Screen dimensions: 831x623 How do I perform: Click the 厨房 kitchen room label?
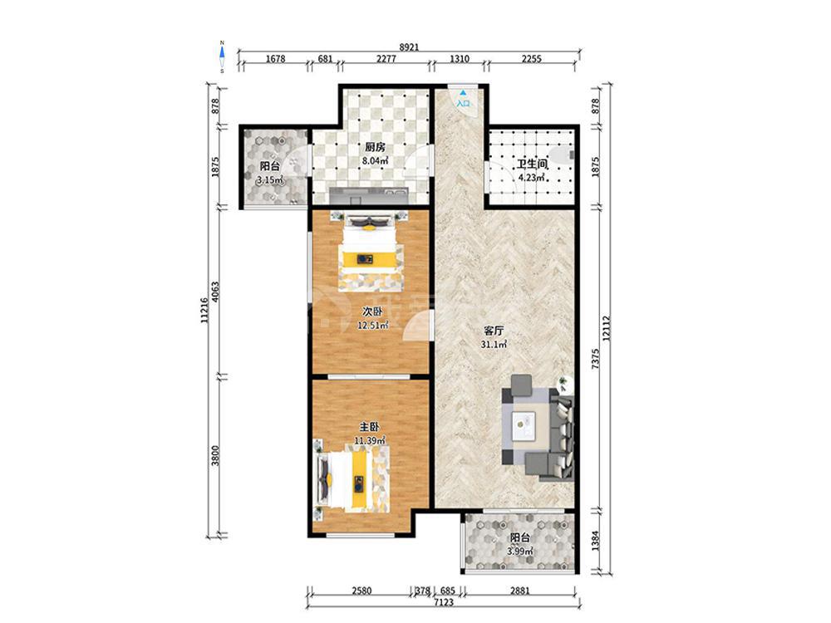[375, 147]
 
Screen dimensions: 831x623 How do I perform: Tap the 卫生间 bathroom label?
[532, 164]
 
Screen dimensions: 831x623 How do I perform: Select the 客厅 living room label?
[494, 331]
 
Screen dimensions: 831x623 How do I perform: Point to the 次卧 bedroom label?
[372, 312]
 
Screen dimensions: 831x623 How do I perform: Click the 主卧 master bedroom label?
[369, 427]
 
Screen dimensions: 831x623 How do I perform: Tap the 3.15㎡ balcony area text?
[270, 180]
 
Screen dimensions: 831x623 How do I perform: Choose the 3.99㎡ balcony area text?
[520, 552]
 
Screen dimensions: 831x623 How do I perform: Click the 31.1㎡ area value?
[494, 345]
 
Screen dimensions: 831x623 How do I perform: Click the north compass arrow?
[223, 52]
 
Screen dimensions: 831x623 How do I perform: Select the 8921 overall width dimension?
[409, 47]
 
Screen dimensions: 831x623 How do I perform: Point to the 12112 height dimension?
[607, 328]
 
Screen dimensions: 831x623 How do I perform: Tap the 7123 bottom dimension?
[444, 601]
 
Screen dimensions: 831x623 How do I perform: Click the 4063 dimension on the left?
[214, 292]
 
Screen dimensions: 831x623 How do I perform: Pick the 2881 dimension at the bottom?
[519, 590]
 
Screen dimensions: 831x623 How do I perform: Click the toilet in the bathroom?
[562, 155]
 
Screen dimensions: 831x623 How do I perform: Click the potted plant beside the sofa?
[565, 383]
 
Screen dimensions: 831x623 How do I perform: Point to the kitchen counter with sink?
[369, 195]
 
